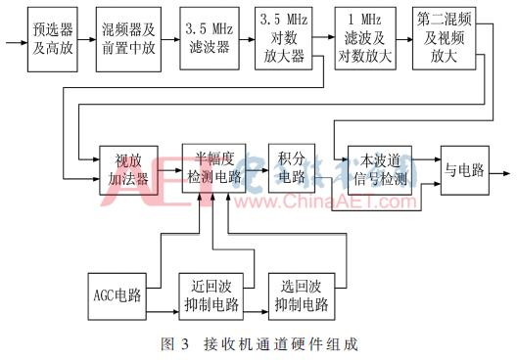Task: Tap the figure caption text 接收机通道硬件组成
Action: click(294, 344)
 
